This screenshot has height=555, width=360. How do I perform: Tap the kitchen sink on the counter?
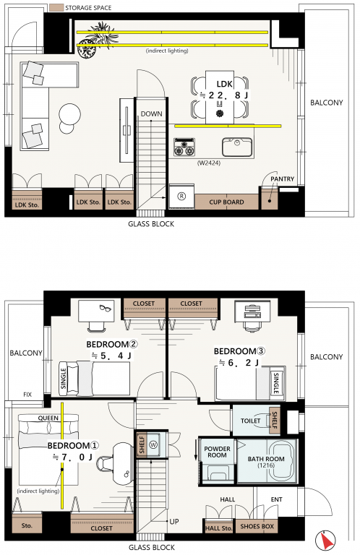point(237,147)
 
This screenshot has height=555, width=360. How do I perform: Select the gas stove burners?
point(184,147)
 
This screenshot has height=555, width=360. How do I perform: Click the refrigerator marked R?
point(181,197)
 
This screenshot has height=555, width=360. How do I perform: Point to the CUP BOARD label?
point(226,202)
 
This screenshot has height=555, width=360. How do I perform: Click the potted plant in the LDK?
point(94,40)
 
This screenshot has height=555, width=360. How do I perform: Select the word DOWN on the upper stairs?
point(152,114)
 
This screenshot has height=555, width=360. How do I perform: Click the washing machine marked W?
point(153,444)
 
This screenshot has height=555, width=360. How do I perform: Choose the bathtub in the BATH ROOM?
point(266,461)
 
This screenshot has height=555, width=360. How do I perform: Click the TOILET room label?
point(250,421)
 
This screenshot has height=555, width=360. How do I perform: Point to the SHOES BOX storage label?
point(257,526)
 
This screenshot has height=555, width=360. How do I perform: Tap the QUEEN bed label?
point(48,418)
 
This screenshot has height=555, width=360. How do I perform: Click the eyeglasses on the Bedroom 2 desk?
point(105,309)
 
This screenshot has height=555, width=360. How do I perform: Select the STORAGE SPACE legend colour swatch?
point(56,7)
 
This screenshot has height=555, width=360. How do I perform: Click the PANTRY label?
point(282,178)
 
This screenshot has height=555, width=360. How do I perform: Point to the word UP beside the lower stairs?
point(174,521)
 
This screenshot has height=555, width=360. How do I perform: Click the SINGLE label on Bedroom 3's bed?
point(276,383)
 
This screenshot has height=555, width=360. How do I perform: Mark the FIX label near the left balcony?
point(27,395)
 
